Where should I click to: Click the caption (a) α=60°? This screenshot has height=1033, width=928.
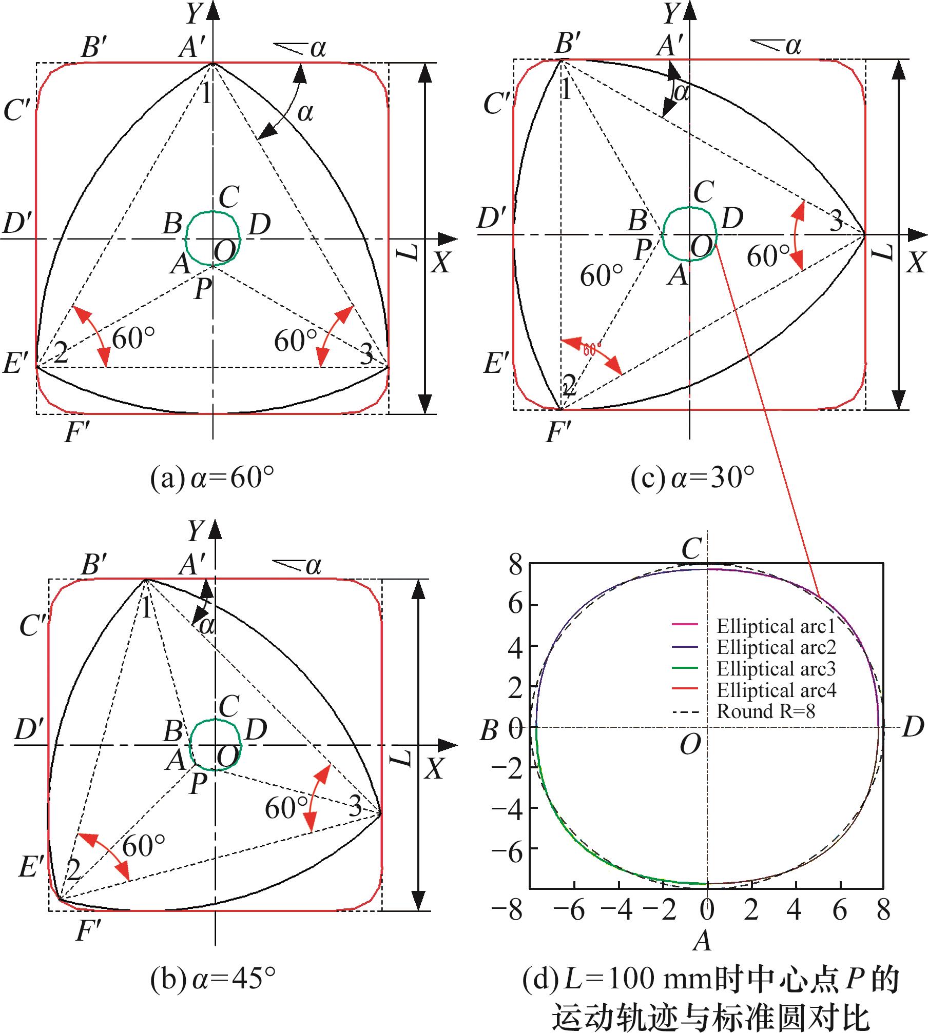click(x=212, y=480)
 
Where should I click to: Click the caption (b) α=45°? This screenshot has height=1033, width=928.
click(x=212, y=979)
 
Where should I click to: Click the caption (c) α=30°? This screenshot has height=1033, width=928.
click(x=693, y=480)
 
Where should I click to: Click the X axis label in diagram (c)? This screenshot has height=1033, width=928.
click(x=915, y=263)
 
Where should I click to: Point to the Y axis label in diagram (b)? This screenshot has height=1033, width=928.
click(x=195, y=531)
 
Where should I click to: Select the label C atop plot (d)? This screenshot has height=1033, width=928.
click(x=691, y=550)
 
